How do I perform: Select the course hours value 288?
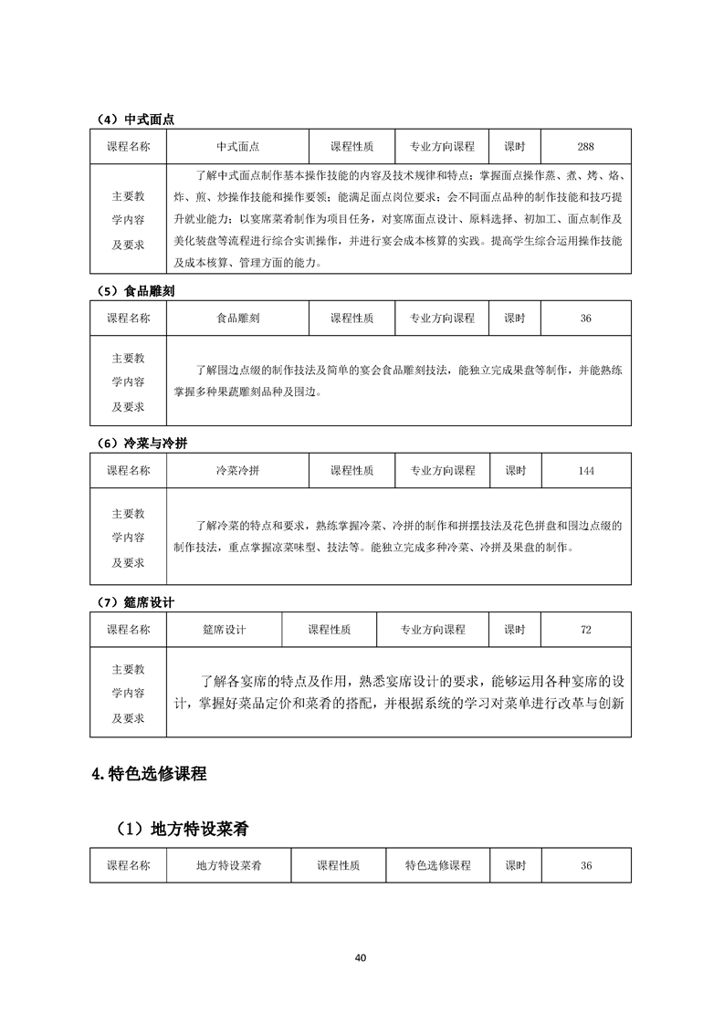pyautogui.click(x=586, y=147)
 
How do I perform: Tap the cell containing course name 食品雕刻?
pyautogui.click(x=237, y=319)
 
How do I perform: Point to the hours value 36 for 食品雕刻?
pyautogui.click(x=586, y=319)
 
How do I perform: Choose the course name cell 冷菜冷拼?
pyautogui.click(x=237, y=471)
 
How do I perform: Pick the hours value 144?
pyautogui.click(x=586, y=471)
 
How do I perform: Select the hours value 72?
pyautogui.click(x=586, y=630)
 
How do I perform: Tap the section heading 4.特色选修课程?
pyautogui.click(x=150, y=774)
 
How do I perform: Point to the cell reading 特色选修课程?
pyautogui.click(x=438, y=865)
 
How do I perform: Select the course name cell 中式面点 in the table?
pyautogui.click(x=237, y=147)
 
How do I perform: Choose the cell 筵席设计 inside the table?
pyautogui.click(x=225, y=630)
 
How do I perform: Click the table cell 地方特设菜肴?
pyautogui.click(x=229, y=865)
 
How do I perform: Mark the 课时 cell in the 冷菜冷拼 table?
pyautogui.click(x=515, y=471)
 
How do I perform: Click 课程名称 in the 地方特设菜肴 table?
pyautogui.click(x=129, y=865)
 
